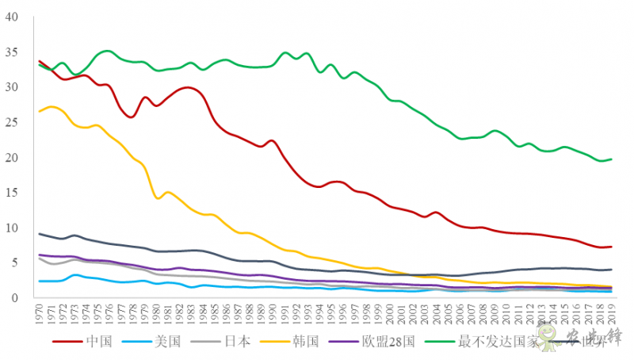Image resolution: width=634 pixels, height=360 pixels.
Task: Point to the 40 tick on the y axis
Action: coord(11,17)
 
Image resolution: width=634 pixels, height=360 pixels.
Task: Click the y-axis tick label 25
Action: coord(11,122)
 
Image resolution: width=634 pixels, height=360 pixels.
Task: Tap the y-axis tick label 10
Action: coord(11,228)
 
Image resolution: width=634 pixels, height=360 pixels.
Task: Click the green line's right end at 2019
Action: coord(611,159)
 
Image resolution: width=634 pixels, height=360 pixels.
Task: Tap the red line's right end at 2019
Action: coord(611,247)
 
